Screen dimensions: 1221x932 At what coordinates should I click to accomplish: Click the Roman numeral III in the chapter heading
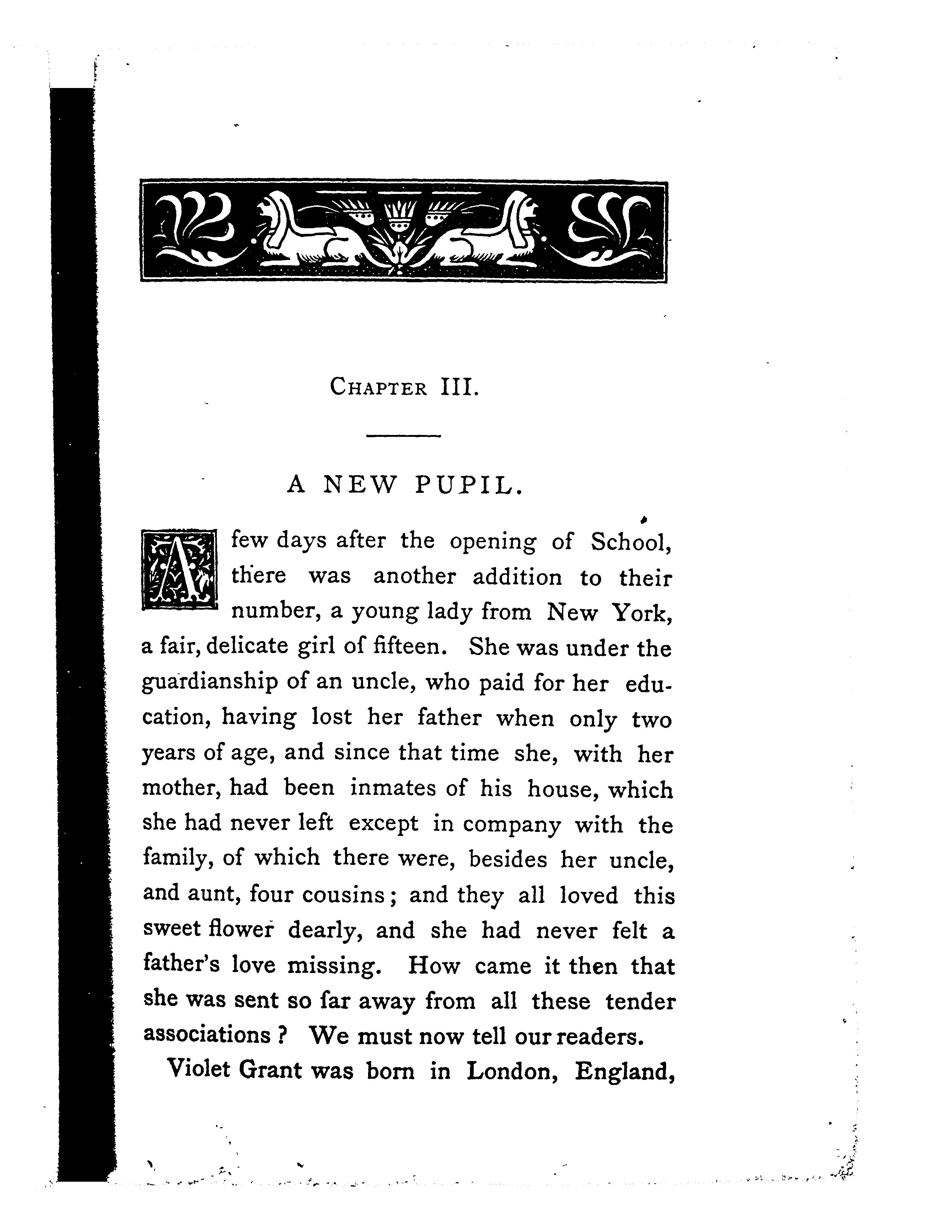458,387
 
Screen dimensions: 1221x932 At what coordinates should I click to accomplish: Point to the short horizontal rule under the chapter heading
403,436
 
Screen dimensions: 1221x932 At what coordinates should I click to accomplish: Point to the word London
511,1071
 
